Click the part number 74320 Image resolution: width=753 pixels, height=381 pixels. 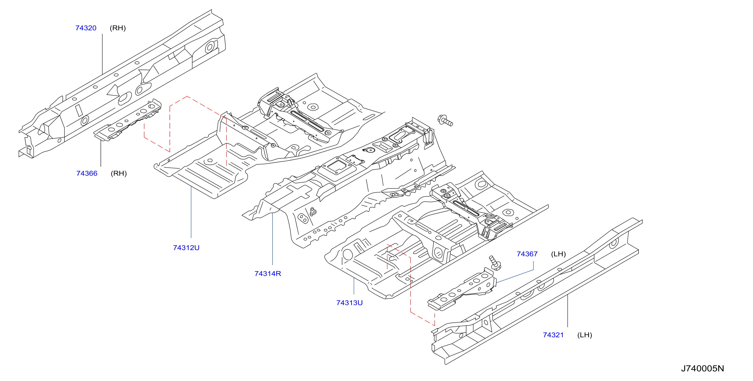coord(86,28)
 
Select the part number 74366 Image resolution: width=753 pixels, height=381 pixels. coord(87,173)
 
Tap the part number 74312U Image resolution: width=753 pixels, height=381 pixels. coord(186,248)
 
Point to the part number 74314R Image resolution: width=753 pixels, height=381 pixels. coord(268,274)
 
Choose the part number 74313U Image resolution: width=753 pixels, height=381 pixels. coord(350,303)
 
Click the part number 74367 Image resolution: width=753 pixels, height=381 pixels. coord(527,254)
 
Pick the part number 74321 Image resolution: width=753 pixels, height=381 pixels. coord(553,335)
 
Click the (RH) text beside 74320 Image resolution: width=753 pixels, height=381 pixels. coord(118,28)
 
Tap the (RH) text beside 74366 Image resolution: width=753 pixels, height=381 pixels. coord(119,173)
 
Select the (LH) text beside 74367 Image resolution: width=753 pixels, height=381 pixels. coord(558,254)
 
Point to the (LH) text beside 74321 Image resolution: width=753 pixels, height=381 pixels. coord(585,335)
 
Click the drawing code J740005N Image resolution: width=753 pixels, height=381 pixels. coord(702,368)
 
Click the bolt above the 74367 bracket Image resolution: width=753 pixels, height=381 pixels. coord(495,263)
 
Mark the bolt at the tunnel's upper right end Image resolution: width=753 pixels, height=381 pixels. coord(445,120)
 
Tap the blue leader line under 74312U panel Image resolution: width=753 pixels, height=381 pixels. coord(191,212)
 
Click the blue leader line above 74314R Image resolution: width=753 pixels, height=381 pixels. coord(273,239)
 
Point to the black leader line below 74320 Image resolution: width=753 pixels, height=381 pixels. coord(102,54)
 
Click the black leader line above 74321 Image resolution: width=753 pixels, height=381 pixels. coord(568,311)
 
